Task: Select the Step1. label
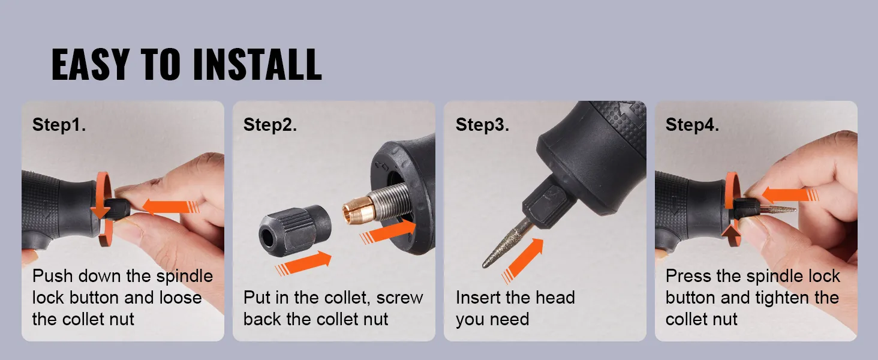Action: click(x=59, y=125)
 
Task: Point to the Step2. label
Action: click(x=270, y=125)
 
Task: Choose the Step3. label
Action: click(x=482, y=125)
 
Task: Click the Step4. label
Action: click(x=692, y=125)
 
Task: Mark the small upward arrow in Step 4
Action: click(x=730, y=231)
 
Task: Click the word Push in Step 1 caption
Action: click(x=52, y=276)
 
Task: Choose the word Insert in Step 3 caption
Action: click(x=479, y=298)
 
